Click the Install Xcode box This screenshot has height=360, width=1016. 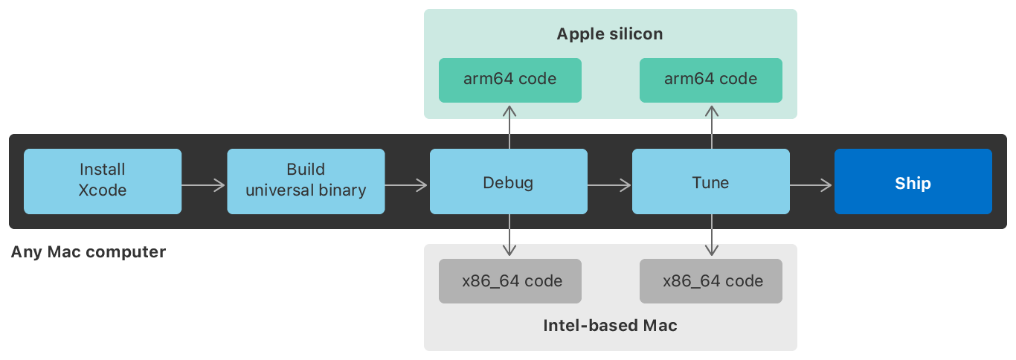103,181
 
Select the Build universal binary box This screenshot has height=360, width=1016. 306,181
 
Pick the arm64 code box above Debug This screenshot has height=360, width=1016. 509,80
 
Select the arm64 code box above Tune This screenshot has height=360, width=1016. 711,80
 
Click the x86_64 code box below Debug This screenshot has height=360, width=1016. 509,281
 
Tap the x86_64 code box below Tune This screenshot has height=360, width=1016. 711,281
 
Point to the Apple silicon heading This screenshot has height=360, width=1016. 610,34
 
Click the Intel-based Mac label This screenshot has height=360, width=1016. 610,326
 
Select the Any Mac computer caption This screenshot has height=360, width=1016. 89,252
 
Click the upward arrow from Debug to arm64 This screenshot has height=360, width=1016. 509,126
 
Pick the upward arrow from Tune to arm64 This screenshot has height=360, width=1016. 712,126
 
